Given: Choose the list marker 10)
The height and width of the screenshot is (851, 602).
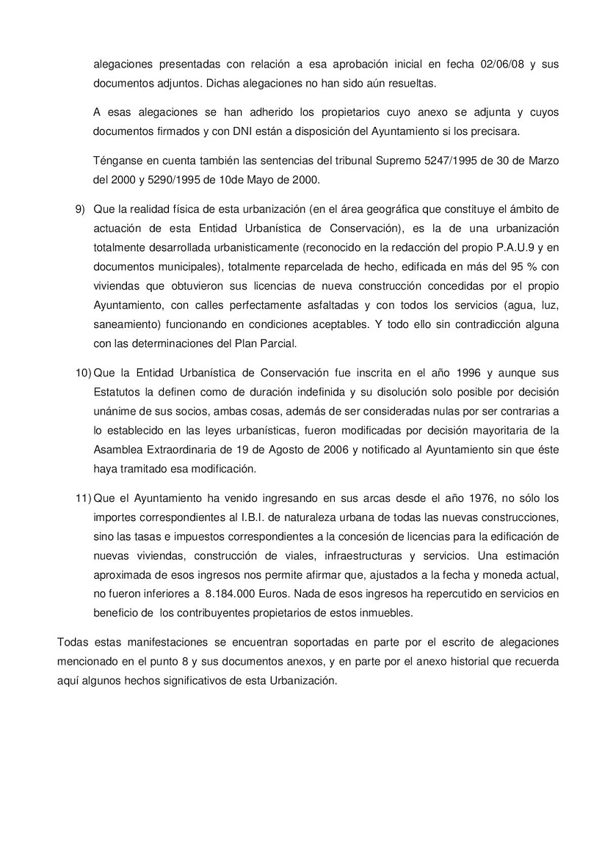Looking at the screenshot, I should tap(83, 372).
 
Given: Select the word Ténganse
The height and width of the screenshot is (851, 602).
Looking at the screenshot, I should tap(119, 161).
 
